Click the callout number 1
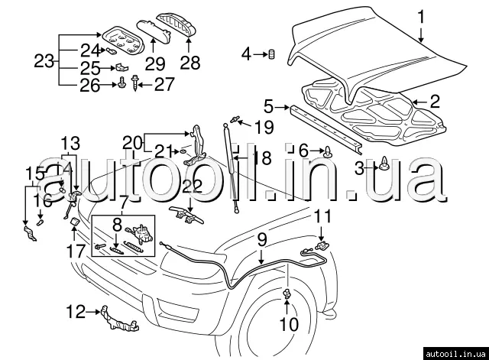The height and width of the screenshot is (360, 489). click(x=419, y=15)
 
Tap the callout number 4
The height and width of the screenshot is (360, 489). click(x=246, y=54)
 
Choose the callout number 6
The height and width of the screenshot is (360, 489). click(x=303, y=151)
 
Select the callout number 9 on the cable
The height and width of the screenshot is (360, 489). click(x=261, y=239)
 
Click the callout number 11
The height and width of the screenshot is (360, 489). click(x=323, y=216)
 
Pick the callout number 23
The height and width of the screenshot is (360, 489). click(x=44, y=59)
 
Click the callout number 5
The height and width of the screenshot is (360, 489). click(x=269, y=105)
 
